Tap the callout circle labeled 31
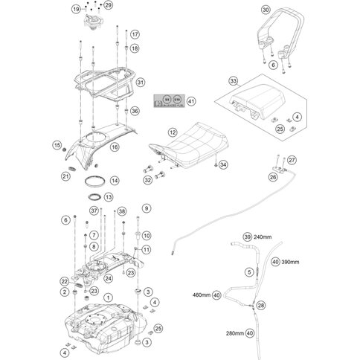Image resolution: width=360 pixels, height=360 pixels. click(x=141, y=82)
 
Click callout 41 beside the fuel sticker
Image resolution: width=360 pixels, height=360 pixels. click(x=190, y=100)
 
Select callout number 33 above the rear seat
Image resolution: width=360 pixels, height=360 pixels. click(x=233, y=80)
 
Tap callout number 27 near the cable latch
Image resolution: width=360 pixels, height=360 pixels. click(x=292, y=161)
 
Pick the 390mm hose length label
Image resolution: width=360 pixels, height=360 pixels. click(x=291, y=263)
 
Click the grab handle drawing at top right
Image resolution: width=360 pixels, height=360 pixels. click(x=271, y=33)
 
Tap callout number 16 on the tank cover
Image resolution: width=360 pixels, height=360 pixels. click(x=114, y=147)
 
